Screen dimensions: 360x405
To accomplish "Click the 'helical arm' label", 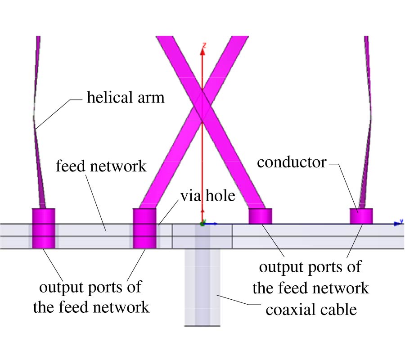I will (126, 97).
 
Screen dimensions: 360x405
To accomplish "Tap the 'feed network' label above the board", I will (101, 166).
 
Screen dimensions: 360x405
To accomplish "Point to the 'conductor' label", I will (292, 162).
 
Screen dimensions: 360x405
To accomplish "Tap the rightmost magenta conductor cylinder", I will (361, 216).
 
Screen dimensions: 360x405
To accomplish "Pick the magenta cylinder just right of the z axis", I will (261, 216).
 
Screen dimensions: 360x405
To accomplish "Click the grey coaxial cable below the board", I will (202, 288).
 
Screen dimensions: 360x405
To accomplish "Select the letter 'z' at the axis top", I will (204, 45).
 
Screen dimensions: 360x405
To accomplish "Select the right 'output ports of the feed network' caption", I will (310, 277).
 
